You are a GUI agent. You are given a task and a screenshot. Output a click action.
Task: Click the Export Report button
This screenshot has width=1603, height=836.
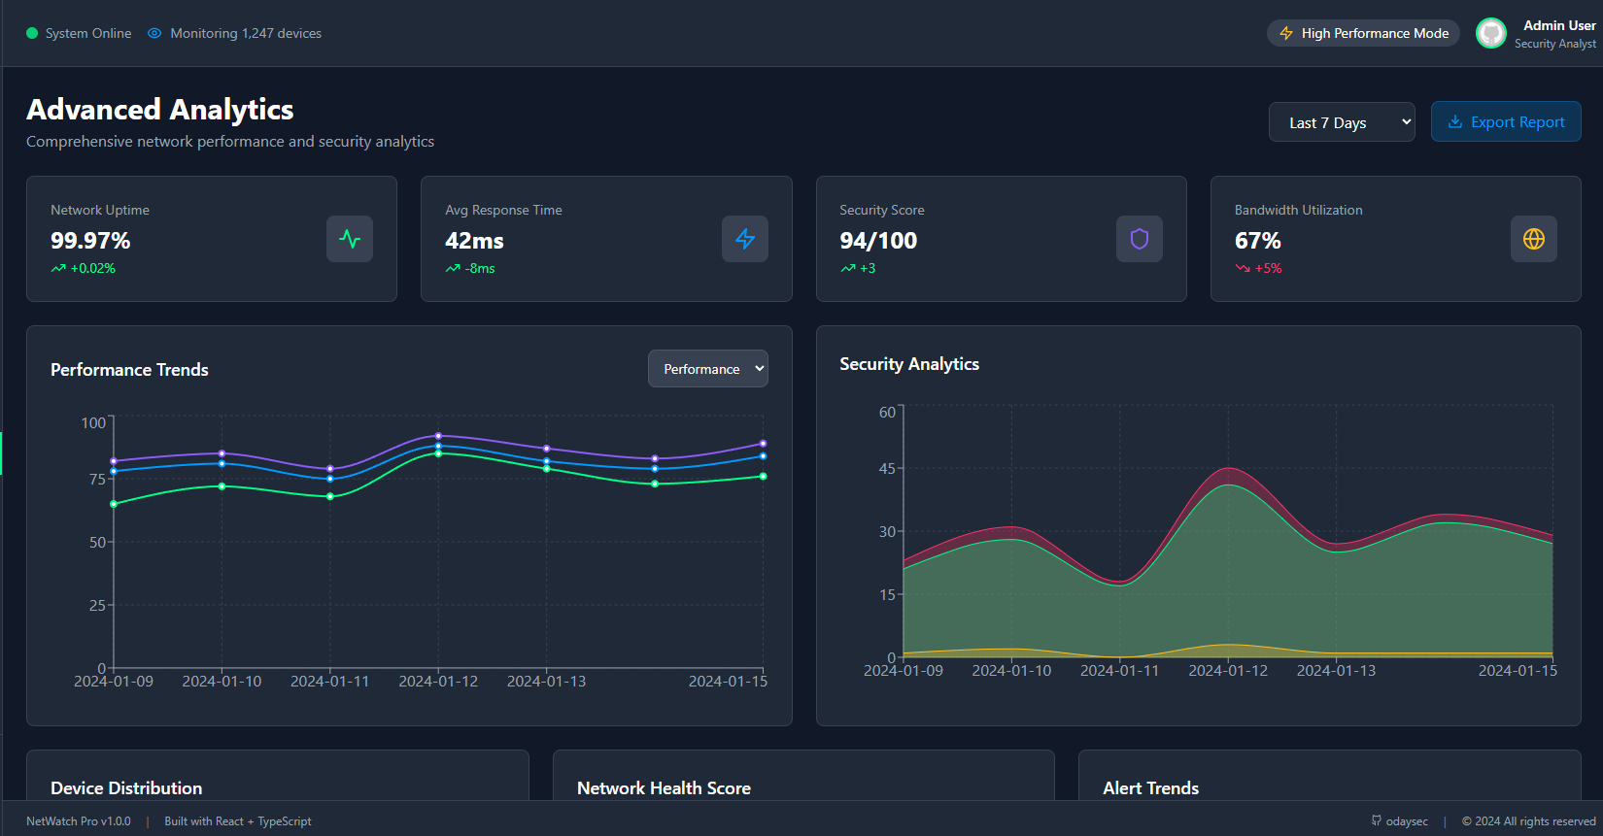[1506, 121]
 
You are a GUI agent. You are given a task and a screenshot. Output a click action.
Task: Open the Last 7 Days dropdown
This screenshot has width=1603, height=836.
[1342, 122]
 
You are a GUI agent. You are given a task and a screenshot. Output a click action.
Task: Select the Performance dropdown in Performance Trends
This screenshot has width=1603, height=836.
[708, 368]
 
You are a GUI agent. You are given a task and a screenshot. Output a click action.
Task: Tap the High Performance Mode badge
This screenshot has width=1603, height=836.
[1363, 33]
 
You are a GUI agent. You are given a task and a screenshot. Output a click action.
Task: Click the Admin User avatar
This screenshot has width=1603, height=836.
[1491, 33]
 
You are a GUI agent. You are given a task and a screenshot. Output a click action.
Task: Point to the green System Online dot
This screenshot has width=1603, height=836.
[31, 33]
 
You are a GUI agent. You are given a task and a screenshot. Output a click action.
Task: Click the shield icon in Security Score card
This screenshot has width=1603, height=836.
[1140, 239]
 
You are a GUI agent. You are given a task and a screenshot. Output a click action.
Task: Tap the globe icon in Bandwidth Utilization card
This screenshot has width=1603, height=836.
[1534, 239]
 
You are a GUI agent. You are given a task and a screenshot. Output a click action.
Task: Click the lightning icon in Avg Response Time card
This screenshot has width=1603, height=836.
[745, 239]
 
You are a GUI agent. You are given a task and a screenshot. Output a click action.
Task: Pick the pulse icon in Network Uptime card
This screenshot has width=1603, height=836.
[350, 239]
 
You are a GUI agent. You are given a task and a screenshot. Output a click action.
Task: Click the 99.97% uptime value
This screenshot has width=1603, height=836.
[90, 240]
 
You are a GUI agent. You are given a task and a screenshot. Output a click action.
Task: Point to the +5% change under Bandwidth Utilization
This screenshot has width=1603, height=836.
[1268, 268]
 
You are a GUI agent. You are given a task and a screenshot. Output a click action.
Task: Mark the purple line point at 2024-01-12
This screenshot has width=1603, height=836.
[439, 436]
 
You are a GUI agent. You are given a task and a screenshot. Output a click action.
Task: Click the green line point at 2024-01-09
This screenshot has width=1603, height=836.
[114, 504]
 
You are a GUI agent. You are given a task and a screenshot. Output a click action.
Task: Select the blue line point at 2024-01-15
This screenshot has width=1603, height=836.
[763, 455]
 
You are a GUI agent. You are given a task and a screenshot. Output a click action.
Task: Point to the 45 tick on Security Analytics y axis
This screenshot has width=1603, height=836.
[887, 468]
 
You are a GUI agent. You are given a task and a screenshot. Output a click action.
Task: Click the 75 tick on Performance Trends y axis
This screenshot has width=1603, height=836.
[97, 479]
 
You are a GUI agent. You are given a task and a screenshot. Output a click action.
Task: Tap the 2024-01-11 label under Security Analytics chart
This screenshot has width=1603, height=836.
[1119, 671]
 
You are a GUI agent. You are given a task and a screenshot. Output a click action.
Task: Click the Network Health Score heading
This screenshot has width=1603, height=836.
[664, 788]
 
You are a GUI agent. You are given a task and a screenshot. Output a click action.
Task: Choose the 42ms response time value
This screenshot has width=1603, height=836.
[474, 240]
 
